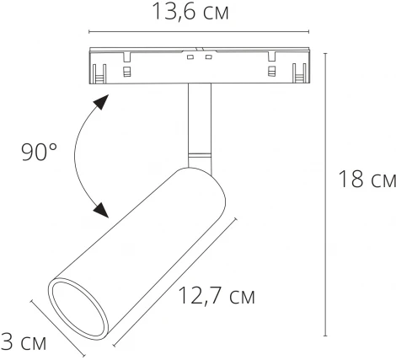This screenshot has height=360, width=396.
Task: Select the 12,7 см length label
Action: [x=216, y=296]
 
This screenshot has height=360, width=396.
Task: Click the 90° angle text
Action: [x=39, y=153]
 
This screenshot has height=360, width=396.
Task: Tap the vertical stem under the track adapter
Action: [x=200, y=118]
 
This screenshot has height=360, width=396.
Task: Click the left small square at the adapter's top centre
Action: [x=192, y=56]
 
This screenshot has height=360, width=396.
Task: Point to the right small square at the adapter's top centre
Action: [x=206, y=56]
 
